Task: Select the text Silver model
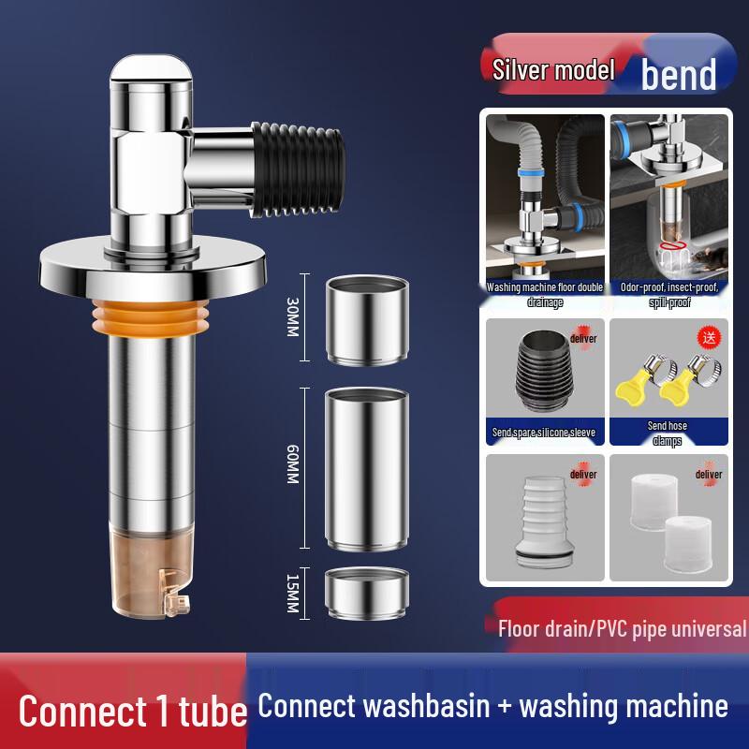click(553, 69)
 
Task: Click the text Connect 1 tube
click(132, 710)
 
